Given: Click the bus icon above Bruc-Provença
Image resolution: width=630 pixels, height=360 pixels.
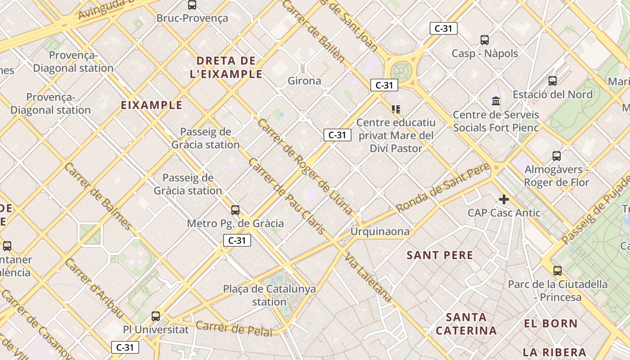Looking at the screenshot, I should tap(192, 5).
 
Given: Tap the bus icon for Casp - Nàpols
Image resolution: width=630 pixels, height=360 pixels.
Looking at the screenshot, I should tap(485, 40).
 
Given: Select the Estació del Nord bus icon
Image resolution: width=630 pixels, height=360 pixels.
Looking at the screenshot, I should tap(553, 81).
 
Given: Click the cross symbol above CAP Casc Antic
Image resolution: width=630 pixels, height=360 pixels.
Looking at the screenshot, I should tap(504, 199).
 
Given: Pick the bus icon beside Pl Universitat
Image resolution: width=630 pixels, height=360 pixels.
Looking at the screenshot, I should tap(156, 316).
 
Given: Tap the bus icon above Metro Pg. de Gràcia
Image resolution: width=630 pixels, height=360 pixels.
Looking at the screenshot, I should tap(235, 210).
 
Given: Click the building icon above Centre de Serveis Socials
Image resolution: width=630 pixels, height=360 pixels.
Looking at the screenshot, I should tap(496, 101).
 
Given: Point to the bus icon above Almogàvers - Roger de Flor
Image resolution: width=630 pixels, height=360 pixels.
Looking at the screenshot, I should tap(557, 156).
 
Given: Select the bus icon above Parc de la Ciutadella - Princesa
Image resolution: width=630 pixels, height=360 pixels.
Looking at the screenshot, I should tap(558, 270).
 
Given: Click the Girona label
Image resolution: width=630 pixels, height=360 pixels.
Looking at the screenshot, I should tap(305, 81).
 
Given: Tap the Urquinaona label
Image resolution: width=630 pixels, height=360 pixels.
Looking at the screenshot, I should tap(380, 232).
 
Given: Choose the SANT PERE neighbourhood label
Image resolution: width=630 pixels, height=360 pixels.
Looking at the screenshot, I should tap(440, 256).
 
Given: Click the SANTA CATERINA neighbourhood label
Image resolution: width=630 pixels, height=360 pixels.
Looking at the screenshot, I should tap(467, 324).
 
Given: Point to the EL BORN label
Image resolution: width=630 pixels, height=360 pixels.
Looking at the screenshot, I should tap(551, 324).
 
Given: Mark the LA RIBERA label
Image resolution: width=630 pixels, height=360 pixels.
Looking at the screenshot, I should tap(554, 352).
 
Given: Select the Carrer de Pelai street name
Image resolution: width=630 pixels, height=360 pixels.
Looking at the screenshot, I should tap(234, 328).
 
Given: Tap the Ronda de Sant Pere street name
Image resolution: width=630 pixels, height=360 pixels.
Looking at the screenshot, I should tap(443, 188).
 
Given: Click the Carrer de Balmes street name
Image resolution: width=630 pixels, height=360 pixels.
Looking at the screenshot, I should tap(99, 197).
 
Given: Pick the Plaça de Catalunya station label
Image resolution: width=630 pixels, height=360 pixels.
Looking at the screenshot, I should tap(270, 295).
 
